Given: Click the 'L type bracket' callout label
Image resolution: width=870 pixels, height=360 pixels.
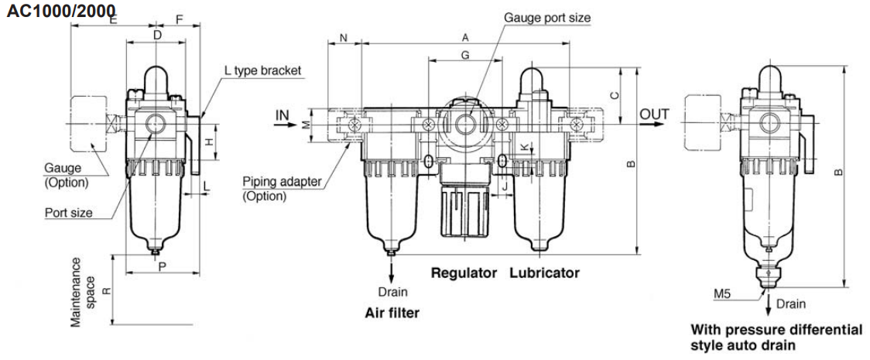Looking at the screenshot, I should pos(262,70).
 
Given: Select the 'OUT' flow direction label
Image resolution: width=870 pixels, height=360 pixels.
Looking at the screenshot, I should pos(654,115).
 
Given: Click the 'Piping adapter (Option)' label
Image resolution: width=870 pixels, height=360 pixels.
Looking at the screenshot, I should pos(282,189).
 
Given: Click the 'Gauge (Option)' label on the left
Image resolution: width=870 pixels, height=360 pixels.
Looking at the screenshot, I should pos(66,175).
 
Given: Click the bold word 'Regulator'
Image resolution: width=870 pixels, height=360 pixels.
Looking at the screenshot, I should pos(464,273).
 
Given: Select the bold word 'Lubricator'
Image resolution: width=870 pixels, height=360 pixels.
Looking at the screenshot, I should pos(544,273).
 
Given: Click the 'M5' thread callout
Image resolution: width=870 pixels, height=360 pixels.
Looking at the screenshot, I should pos(722,293).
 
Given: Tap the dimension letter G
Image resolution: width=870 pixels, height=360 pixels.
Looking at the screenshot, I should pos(464,55).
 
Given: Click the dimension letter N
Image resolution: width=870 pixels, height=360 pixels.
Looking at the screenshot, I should pos(344,38).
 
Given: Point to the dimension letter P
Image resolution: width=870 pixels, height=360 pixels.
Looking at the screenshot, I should pos(162,266).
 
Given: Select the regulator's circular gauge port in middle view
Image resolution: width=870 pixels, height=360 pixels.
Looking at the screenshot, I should pos(465,123).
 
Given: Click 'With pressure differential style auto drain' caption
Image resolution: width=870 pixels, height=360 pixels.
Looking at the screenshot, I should pos(776,337).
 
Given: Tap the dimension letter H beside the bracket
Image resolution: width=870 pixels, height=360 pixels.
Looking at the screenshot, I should pos(208,142).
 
